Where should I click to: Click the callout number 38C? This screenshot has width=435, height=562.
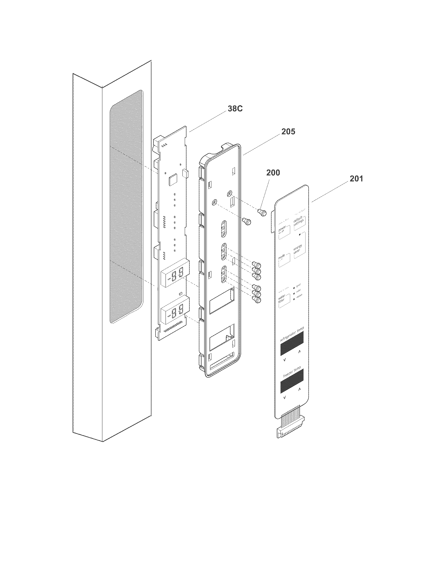point(235,109)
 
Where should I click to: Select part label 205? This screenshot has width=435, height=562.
point(288,132)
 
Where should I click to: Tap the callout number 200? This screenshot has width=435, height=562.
point(273,172)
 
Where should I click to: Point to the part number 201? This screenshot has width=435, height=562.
point(356,178)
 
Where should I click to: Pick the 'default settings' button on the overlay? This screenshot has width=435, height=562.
point(299,222)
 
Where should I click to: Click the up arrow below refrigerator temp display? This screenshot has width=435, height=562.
point(299,352)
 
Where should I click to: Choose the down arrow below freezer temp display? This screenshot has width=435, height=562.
point(285,398)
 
